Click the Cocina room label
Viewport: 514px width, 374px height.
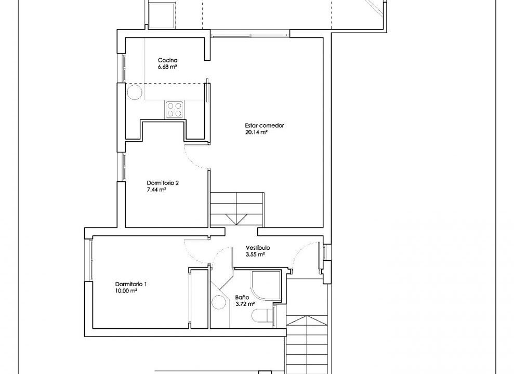[x=167, y=60]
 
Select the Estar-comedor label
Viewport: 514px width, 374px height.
[x=264, y=125]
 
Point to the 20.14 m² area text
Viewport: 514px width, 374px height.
[x=256, y=132]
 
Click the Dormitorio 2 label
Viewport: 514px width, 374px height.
[x=163, y=183]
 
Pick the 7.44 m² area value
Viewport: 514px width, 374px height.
[x=156, y=190]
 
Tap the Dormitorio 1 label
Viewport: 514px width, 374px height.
[x=131, y=284]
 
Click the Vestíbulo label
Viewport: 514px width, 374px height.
[x=258, y=248]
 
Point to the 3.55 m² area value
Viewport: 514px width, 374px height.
[x=255, y=255]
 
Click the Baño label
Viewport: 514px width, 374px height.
[x=242, y=297]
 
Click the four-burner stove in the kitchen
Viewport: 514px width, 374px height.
[x=174, y=110]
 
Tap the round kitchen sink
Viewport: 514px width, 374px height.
[x=134, y=92]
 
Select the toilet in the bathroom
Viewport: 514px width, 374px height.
[x=262, y=316]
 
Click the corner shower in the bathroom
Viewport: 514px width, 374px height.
[x=266, y=285]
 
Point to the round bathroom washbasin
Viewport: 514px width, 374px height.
[x=219, y=302]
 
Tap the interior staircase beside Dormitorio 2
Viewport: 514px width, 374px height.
[x=236, y=209]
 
